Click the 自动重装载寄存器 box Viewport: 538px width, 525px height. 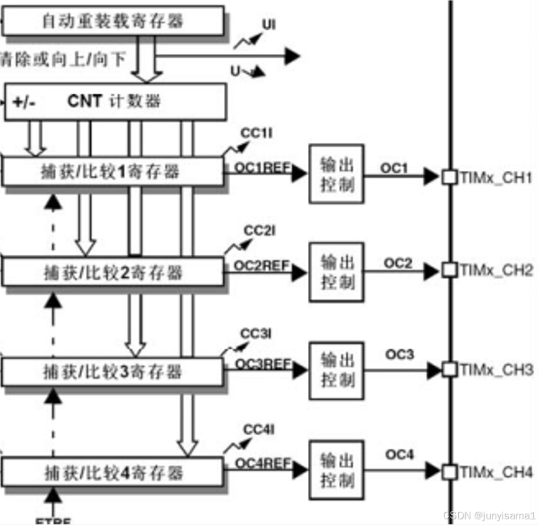click(x=114, y=21)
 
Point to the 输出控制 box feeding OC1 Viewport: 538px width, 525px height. click(x=336, y=174)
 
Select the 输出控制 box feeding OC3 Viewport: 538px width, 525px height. click(x=336, y=371)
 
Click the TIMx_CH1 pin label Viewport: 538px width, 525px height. click(x=496, y=178)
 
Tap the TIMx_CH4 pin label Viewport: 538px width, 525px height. click(x=496, y=472)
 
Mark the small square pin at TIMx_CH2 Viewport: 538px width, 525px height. click(x=449, y=271)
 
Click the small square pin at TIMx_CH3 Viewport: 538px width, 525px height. click(x=449, y=369)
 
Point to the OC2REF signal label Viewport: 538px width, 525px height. click(x=262, y=265)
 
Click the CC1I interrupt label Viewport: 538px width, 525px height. click(x=257, y=134)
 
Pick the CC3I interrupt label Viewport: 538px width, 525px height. click(x=256, y=333)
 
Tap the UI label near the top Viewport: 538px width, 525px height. click(x=269, y=25)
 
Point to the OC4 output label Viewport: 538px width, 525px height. click(x=400, y=455)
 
